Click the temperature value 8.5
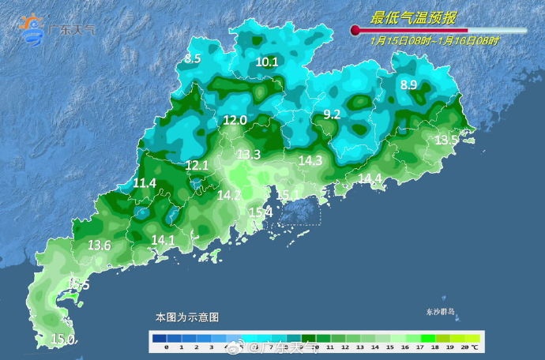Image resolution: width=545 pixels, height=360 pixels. click(x=194, y=58)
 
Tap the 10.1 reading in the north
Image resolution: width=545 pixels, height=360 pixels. click(x=267, y=62)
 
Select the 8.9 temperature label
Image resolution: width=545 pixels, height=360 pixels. click(x=408, y=85)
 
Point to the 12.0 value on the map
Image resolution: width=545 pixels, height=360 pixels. click(x=235, y=120)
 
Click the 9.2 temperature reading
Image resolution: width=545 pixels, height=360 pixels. click(x=332, y=114)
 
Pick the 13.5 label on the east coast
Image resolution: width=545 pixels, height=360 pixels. click(x=447, y=140)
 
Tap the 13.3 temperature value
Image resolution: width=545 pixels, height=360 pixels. click(x=249, y=154)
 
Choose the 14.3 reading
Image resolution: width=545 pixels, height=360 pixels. click(x=310, y=160)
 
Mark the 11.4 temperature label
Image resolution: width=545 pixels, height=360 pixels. click(x=145, y=183)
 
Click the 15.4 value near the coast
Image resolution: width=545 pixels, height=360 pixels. click(x=261, y=212)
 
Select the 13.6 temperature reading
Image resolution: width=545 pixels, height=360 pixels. click(x=100, y=246)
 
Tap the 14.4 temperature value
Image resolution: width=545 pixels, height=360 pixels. click(x=370, y=179)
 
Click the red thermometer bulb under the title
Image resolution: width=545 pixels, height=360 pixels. click(x=355, y=31)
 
